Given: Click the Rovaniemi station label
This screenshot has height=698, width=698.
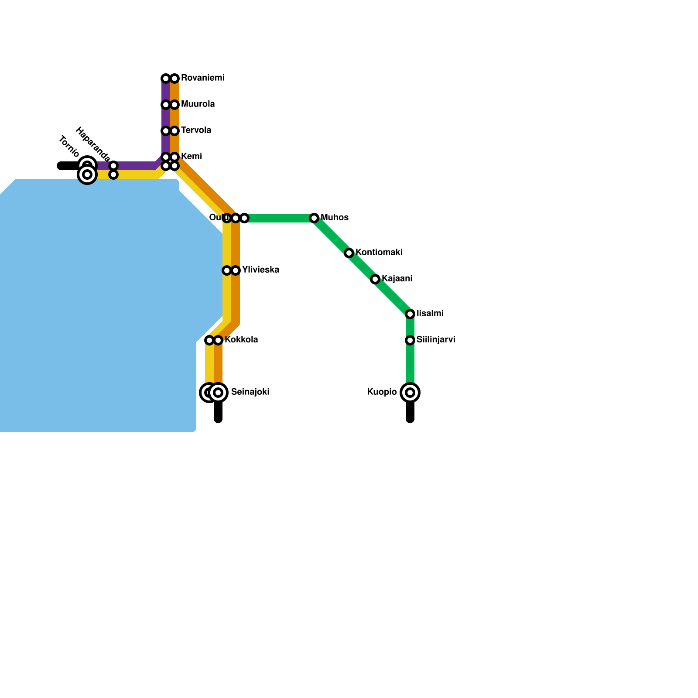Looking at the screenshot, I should point(202,78).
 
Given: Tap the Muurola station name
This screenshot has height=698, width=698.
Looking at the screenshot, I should point(198,104).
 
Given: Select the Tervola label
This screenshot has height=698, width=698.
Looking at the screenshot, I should point(196,130).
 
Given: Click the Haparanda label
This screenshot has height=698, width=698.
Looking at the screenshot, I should point(93,144).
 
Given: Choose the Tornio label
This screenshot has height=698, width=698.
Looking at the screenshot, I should point(69,147).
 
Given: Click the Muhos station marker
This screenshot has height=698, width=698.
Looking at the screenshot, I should point(314,218).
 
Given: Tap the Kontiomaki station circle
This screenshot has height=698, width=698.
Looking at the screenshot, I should point(349,253).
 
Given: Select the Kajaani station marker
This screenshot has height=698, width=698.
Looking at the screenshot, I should point(375,279).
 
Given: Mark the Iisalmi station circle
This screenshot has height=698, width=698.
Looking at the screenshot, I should point(410,314).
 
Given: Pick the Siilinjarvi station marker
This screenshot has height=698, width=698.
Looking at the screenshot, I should point(410,340).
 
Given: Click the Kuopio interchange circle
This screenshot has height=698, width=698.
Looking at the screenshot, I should point(410,393).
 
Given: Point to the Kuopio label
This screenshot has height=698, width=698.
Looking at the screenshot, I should point(382,392).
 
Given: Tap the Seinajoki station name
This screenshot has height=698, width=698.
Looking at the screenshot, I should point(250,392).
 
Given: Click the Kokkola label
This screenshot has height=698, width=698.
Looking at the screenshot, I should point(241,340).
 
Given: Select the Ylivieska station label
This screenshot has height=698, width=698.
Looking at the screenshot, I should point(260,270).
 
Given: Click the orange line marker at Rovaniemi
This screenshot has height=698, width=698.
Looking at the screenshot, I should point(174,79).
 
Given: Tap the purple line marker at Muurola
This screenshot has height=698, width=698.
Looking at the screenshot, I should point(166,105).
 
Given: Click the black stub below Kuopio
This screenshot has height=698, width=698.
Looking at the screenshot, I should point(410,412).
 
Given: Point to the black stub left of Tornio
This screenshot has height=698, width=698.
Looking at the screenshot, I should point(68,166).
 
